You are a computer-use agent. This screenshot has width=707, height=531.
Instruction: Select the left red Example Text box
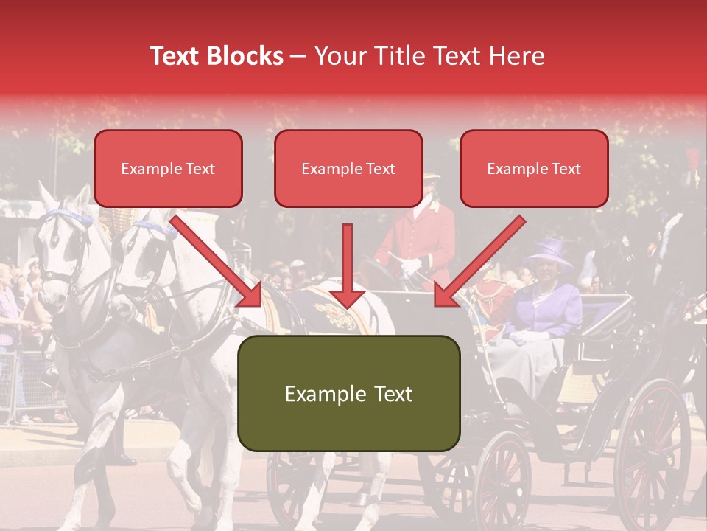(x=168, y=169)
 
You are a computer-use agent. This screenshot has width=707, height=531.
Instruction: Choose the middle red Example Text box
(x=348, y=169)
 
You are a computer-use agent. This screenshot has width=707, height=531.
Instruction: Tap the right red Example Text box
(x=534, y=169)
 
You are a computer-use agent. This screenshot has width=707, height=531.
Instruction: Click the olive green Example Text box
(x=348, y=393)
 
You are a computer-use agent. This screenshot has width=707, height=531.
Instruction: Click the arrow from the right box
(x=479, y=261)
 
